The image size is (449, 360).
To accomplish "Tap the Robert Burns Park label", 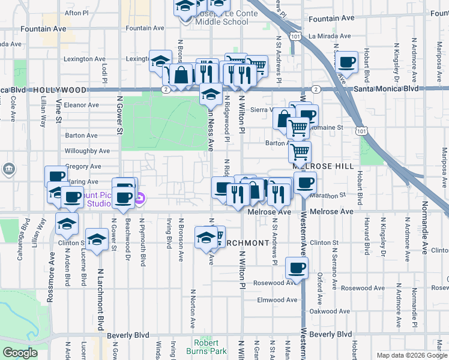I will point(210,347).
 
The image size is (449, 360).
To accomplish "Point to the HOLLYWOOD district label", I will point(60,89).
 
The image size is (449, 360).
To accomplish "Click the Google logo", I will point(20,353).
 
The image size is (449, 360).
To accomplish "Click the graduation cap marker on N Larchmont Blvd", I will point(96,239).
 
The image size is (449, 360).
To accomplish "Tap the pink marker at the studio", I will point(139,198).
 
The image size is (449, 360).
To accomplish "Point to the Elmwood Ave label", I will point(277,300).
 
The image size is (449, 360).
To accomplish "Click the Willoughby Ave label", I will point(87,151).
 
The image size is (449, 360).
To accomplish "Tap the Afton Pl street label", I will point(76,12).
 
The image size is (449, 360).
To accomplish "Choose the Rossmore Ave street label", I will point(52,281).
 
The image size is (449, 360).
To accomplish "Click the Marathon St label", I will point(331,194).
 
